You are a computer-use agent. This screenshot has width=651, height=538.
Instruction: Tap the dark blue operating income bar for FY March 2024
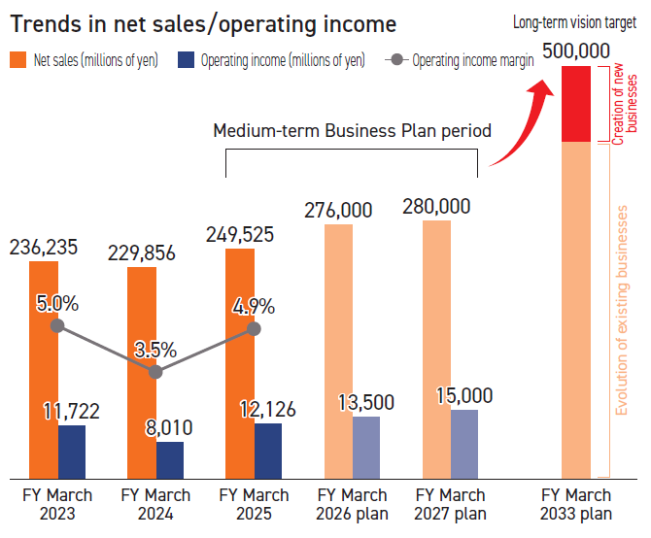pos(170,459)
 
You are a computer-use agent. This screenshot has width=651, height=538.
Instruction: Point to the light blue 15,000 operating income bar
pos(464,443)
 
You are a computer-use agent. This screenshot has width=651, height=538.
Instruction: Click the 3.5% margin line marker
pos(155,371)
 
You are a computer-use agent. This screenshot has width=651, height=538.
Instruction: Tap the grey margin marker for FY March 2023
pos(57,325)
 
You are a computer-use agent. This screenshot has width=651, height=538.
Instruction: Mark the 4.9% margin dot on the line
pos(254,328)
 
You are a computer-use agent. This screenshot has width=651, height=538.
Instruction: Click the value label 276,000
pos(338,210)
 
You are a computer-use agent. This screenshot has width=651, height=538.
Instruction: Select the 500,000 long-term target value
pos(576,51)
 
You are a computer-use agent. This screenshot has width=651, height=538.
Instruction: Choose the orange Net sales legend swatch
pos(18,60)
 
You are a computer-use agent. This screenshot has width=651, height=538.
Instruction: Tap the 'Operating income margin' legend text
pos(473,60)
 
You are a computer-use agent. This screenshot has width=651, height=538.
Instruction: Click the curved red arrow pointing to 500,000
pos(521,121)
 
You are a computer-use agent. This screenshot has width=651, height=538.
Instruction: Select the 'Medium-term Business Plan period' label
pos(352,130)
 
